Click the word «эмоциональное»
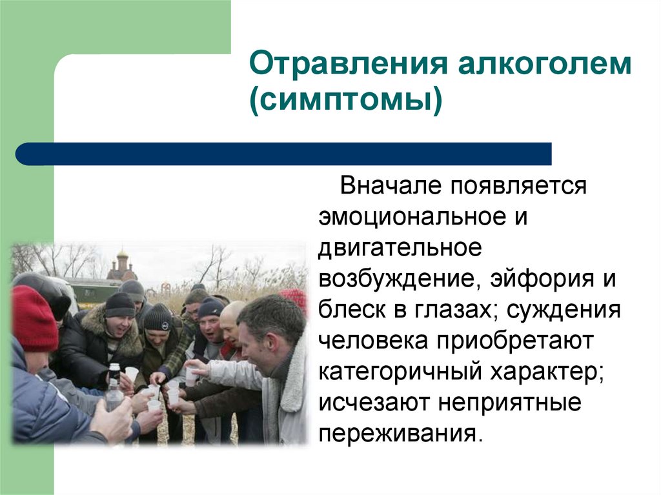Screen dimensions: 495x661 coord(407,217)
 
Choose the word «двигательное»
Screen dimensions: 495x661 coord(398,248)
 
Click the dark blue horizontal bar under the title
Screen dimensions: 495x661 coord(284,154)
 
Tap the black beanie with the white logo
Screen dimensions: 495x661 coord(158,316)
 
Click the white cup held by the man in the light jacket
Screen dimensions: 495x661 coord(191,376)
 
